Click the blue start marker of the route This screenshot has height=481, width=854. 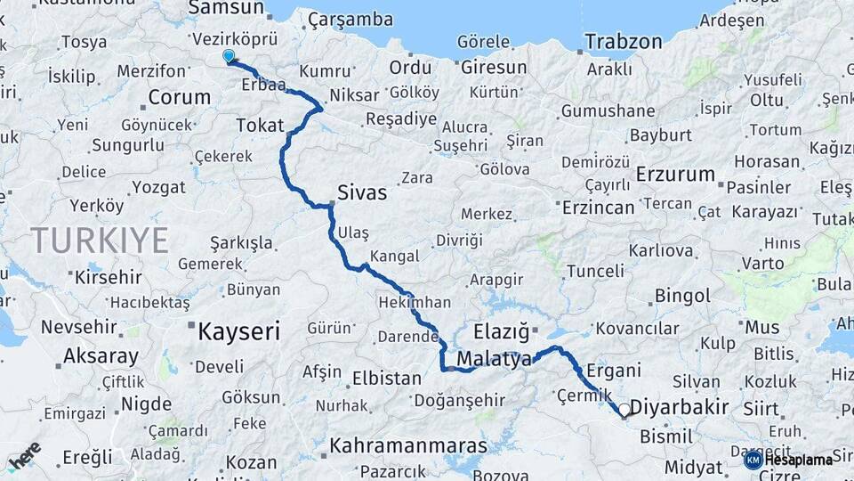click(x=229, y=57)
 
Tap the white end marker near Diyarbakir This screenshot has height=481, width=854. click(x=624, y=411)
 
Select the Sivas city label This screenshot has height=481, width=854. click(x=362, y=192)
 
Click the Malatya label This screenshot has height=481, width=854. click(x=494, y=359)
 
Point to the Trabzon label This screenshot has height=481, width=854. click(x=623, y=42)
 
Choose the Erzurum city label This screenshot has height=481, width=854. click(x=675, y=174)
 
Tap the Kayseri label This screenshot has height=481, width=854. click(x=238, y=333)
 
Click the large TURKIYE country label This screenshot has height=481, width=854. click(x=100, y=240)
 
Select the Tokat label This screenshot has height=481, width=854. click(x=260, y=126)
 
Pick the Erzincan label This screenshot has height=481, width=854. click(x=598, y=208)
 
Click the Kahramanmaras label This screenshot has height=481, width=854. click(x=408, y=445)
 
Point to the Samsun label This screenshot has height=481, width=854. click(x=227, y=8)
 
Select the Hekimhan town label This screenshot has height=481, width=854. click(x=414, y=302)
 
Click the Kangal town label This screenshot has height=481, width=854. click(x=393, y=257)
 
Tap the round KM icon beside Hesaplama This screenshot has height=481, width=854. click(x=753, y=460)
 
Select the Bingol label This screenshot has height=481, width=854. click(x=682, y=296)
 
